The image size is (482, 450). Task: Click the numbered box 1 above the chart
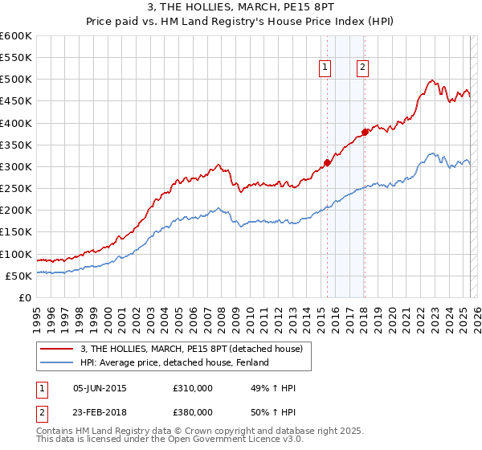[326, 68]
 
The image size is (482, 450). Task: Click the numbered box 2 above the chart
[363, 68]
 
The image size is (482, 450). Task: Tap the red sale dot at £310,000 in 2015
[327, 162]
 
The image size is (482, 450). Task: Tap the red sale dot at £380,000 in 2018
[365, 132]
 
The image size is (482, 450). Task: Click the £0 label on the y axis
[26, 298]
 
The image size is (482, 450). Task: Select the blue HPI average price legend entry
[174, 362]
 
